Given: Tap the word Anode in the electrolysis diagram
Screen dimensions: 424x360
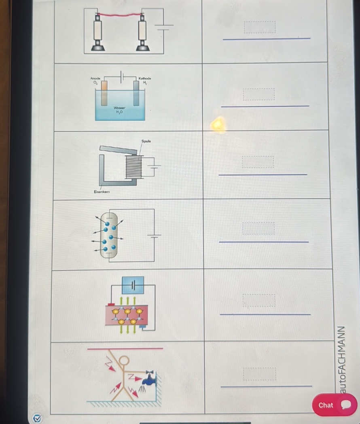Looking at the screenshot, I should point(95,77).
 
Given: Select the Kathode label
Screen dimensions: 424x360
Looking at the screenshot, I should point(144,78).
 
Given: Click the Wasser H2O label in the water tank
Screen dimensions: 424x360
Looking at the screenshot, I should point(119,110).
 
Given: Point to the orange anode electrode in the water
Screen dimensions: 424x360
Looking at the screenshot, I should point(104,93).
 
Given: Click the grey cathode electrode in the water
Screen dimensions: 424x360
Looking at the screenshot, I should point(136,93).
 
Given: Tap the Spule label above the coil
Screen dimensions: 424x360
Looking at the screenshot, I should point(146,141).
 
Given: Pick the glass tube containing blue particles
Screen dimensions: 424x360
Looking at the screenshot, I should point(108,235).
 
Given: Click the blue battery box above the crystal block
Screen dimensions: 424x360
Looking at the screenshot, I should point(133,285).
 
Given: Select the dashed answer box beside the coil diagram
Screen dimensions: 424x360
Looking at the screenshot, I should point(258,162).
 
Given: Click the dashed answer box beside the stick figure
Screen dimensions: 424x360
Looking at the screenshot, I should point(259,374).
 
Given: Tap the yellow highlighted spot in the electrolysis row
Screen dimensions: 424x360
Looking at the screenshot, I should point(218,125).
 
